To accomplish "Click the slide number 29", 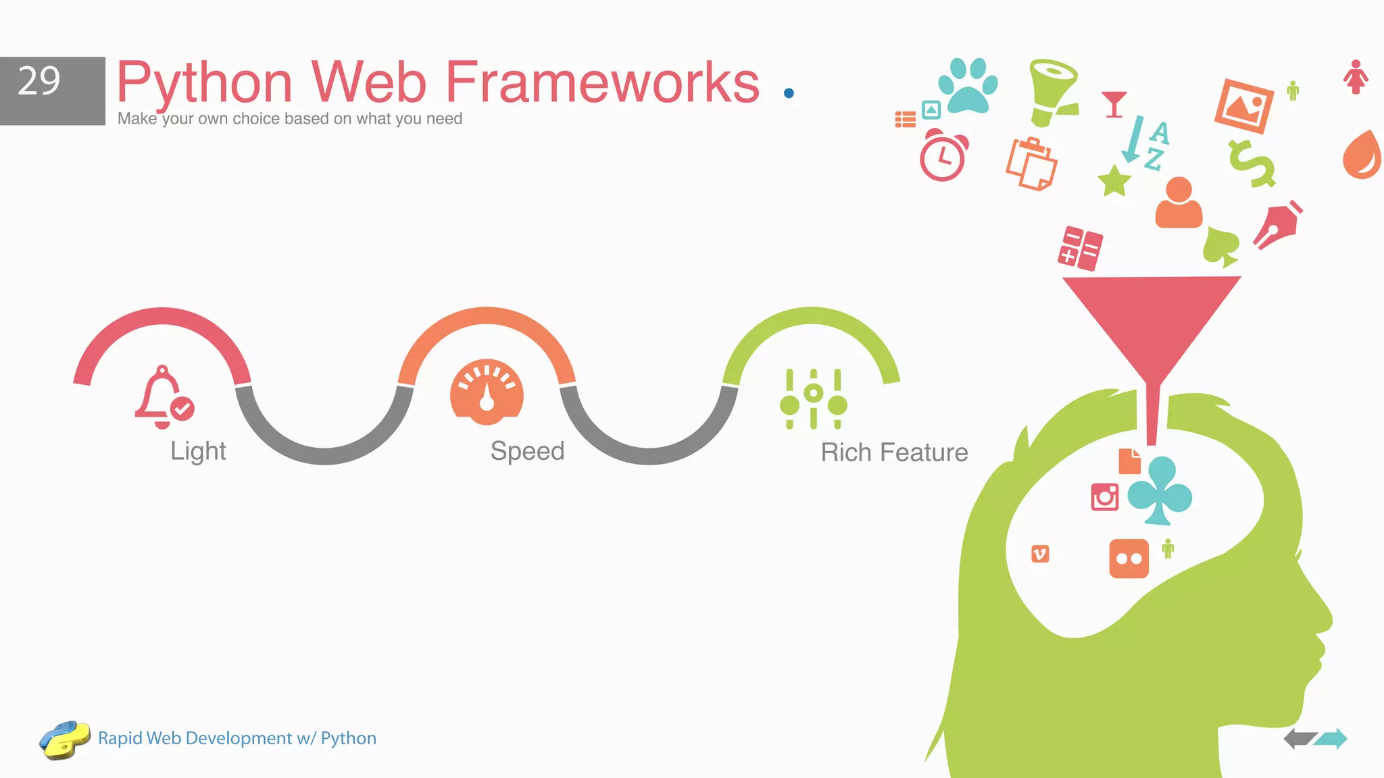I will click(x=39, y=82).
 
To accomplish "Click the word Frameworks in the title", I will click(x=602, y=82).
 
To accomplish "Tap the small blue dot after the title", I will click(x=788, y=93).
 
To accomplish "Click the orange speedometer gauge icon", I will click(x=487, y=392).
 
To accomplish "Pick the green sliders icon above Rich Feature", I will click(x=813, y=399).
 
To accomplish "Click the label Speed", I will click(x=527, y=450).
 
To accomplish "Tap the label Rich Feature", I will click(x=894, y=452).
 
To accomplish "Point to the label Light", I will click(x=197, y=451).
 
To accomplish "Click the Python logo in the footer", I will click(x=64, y=739).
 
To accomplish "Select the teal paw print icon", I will click(x=968, y=85).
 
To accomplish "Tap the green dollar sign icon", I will click(x=1252, y=163).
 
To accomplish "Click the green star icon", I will click(x=1114, y=180).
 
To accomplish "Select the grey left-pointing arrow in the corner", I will click(x=1298, y=739).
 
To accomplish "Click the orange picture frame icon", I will click(x=1243, y=106).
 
